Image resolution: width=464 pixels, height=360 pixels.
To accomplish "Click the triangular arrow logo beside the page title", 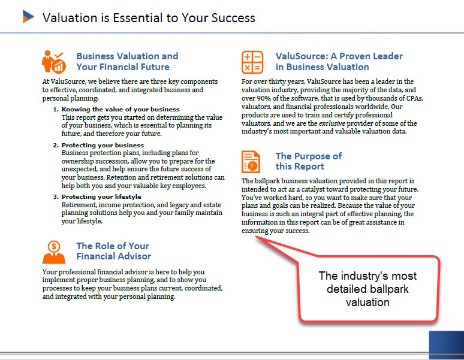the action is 28,17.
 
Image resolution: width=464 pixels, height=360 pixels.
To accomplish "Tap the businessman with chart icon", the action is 54,62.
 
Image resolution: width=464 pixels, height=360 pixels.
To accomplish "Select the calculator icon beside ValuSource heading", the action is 252,62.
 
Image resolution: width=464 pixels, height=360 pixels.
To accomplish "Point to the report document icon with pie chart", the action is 251,162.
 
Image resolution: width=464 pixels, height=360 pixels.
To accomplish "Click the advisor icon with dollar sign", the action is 54,252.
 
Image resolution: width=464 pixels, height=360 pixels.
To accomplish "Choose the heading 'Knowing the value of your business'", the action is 120,109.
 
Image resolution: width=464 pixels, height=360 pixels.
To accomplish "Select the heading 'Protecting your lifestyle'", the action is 101,196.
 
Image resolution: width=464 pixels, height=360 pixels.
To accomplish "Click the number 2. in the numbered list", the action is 56,145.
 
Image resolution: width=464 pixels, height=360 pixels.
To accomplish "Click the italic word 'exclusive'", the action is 332,123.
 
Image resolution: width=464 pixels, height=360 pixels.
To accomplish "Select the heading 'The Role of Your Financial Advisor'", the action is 114,251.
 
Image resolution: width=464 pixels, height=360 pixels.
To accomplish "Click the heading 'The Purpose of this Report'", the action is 309,161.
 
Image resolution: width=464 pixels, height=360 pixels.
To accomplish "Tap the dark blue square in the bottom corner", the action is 446,344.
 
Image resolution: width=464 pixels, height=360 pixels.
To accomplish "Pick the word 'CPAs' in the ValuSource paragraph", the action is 415,98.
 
